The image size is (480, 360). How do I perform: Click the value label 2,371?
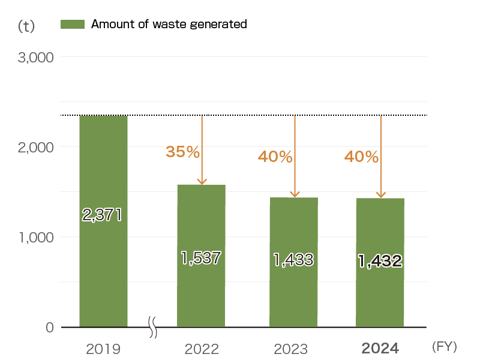coord(102,215)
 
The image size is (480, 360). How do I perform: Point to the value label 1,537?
coord(202,258)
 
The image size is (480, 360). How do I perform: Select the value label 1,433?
coord(293,260)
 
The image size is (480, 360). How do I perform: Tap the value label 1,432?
coord(380,260)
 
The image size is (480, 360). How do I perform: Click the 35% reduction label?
coord(182,152)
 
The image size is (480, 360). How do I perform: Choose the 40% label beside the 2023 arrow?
coord(275,157)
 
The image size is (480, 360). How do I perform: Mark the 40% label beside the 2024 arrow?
coord(361,157)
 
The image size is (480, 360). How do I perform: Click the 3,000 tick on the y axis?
coord(36,58)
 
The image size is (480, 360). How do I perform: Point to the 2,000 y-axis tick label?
coord(36,147)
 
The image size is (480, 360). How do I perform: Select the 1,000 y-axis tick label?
coord(36,238)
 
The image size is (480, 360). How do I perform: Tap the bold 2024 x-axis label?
coord(380,349)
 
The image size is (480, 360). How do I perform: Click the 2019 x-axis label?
coord(103,349)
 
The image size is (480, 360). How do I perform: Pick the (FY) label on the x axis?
coord(444,347)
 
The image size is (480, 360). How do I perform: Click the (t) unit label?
coord(26,26)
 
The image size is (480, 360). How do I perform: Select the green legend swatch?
coord(72,24)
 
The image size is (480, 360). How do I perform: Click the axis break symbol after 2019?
coord(152,328)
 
